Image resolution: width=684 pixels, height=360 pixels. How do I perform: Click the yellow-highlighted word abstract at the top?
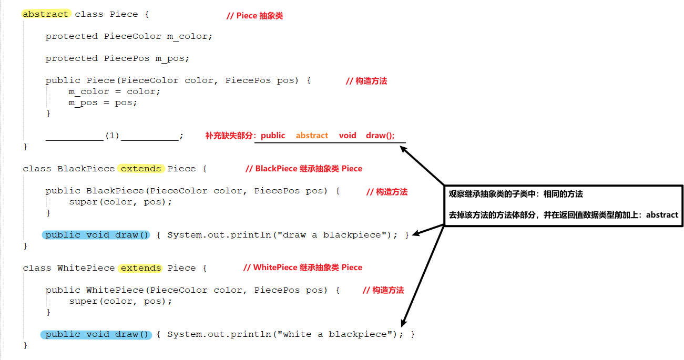46,14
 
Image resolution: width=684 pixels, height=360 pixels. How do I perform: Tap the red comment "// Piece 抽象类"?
254,16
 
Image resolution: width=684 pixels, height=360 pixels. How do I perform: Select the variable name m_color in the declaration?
189,36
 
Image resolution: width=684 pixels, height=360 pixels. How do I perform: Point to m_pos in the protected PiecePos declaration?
171,58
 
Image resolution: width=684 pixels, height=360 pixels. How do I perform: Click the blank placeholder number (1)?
113,136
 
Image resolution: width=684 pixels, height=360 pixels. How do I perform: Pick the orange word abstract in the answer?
312,135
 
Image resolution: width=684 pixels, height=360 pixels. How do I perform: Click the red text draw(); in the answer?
380,135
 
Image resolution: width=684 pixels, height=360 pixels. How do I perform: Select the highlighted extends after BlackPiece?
141,169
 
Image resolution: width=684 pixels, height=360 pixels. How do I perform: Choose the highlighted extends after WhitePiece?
141,268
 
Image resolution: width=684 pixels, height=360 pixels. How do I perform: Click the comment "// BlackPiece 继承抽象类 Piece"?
303,169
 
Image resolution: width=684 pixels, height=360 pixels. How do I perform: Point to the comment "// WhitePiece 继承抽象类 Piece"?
303,268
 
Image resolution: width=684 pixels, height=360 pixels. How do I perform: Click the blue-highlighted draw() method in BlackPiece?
97,235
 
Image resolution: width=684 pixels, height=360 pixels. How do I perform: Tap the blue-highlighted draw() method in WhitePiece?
97,334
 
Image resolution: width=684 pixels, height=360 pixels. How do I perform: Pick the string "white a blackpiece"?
338,334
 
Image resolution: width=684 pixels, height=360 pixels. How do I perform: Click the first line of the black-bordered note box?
515,194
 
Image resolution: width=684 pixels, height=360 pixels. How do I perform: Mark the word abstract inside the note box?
662,215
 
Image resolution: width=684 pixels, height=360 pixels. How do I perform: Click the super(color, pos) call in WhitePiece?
120,301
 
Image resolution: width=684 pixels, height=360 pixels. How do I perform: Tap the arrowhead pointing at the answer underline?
403,148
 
